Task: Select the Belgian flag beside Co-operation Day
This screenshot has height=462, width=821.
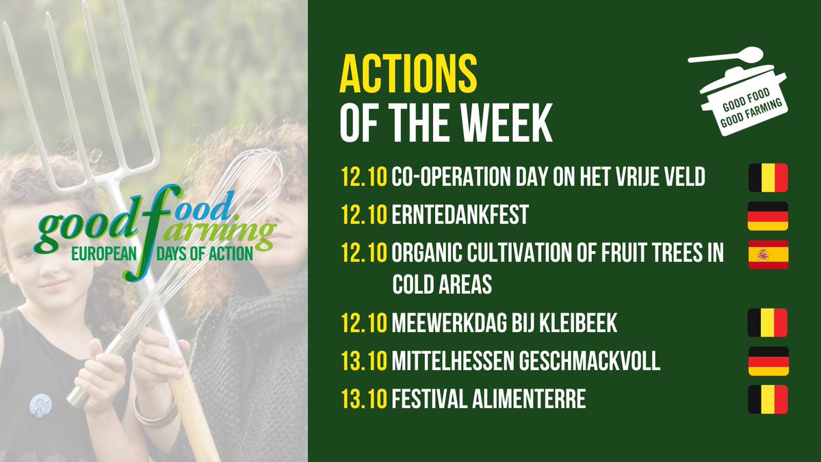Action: pos(768,177)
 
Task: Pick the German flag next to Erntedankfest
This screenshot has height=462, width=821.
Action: pos(768,216)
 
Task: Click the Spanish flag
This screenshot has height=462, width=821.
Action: pos(768,255)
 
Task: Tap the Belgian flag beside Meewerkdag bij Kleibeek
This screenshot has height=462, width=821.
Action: pos(768,322)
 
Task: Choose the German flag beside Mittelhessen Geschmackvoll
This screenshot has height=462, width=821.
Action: pos(768,361)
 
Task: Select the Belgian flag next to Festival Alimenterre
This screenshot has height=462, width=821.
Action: pos(768,400)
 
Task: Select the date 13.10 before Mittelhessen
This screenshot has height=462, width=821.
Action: pos(363,361)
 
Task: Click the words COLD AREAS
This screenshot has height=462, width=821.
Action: pos(442,285)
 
